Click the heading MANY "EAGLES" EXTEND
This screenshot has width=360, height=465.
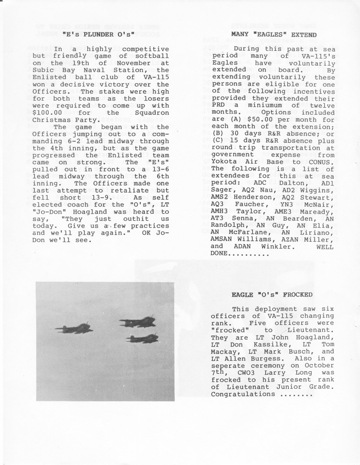274,34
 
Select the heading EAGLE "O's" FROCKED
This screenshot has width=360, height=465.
272,295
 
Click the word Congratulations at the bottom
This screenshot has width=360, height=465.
243,394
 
